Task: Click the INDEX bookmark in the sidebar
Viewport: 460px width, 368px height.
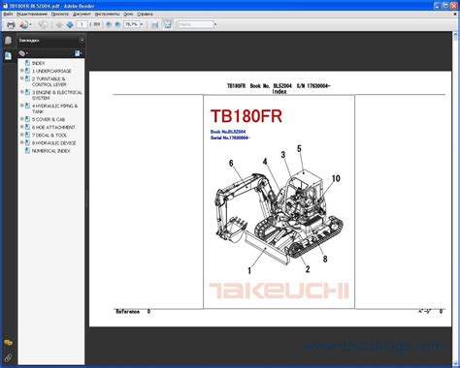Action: (x=38, y=62)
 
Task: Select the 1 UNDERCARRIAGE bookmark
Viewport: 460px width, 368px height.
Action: (x=49, y=71)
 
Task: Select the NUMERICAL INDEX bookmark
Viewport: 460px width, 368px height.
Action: (x=49, y=152)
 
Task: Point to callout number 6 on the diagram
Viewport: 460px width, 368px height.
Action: (x=232, y=164)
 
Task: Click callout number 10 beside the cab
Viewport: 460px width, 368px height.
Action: (x=336, y=179)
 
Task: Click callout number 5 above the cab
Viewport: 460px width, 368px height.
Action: (x=299, y=148)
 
